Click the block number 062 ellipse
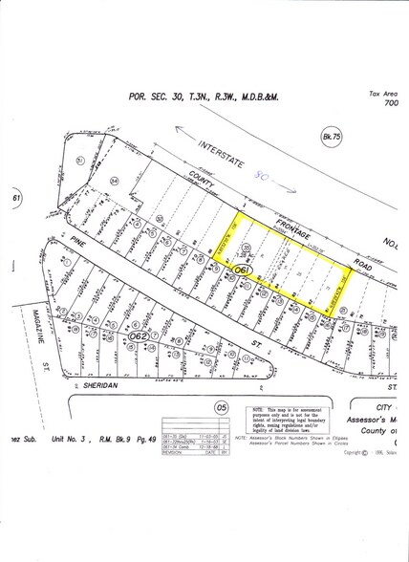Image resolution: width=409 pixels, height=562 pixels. [x=140, y=336]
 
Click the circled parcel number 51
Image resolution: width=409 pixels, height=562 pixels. [x=80, y=160]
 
